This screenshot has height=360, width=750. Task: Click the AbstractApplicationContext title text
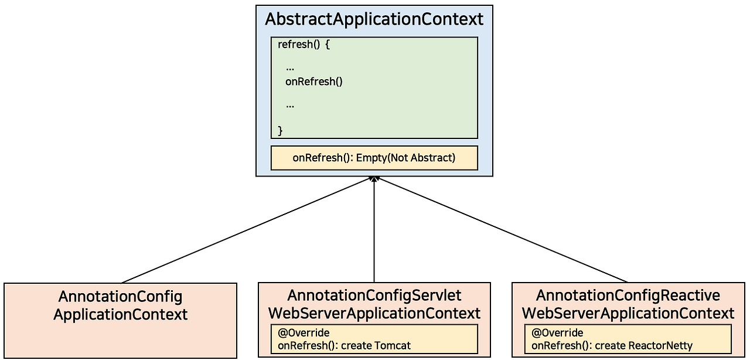374,19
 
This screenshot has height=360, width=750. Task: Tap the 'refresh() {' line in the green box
304,45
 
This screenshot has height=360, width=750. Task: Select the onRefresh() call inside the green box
313,81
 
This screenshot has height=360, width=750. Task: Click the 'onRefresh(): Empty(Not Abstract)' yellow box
374,158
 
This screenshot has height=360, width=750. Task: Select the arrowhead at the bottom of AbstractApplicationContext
374,178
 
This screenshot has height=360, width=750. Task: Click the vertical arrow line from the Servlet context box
374,235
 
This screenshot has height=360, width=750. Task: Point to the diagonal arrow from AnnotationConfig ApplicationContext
246,230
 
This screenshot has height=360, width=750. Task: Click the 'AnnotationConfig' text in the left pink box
120,296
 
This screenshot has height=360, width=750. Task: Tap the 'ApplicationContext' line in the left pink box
120,314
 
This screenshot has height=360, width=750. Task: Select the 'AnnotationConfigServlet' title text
374,295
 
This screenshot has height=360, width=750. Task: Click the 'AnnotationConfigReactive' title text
628,295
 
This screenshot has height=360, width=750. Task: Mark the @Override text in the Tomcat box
304,333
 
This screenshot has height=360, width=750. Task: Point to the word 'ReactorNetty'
660,345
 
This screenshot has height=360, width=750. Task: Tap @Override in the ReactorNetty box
557,333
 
